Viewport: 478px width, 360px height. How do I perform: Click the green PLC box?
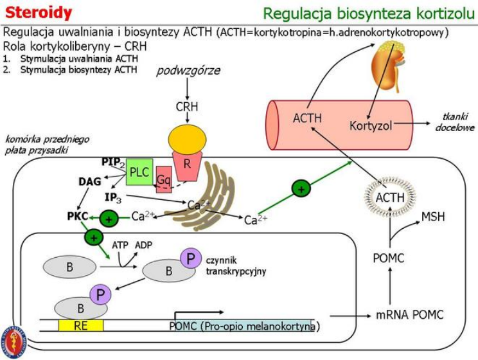139,172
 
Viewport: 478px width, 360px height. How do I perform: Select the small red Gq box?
164,179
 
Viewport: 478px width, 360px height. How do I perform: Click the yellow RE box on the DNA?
80,325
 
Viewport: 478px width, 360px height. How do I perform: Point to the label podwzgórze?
188,70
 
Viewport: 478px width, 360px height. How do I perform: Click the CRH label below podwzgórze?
188,106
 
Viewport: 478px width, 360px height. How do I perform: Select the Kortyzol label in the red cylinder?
371,125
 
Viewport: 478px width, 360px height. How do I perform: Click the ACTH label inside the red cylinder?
307,118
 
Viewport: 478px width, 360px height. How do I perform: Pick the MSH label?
433,217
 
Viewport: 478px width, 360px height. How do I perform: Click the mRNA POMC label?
409,315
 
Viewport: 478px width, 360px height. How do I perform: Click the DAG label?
90,182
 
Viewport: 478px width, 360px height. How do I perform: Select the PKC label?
77,216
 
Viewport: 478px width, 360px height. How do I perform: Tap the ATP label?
120,245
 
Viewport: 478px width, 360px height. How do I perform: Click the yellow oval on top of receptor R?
187,138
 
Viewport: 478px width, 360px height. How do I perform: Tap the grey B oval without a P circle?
69,267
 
